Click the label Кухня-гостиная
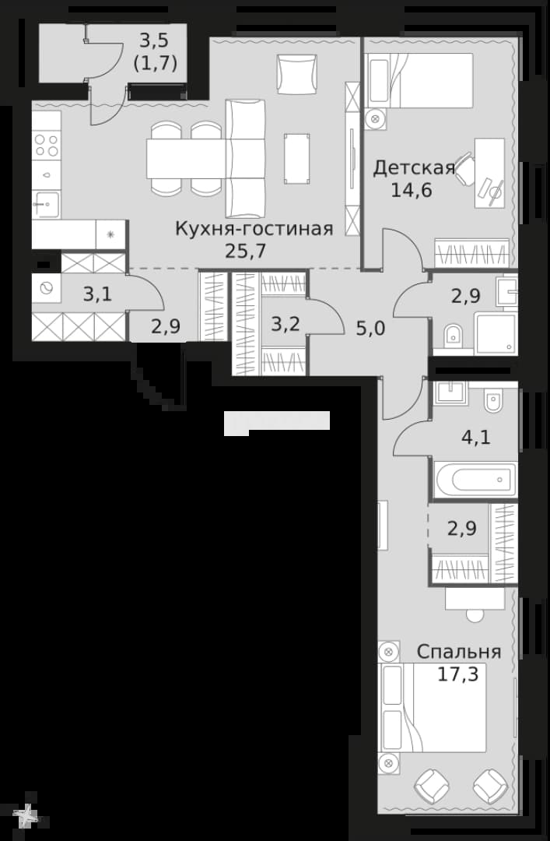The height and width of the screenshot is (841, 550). [x=254, y=229]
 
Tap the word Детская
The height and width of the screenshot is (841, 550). [x=414, y=168]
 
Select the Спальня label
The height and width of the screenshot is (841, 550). [x=459, y=652]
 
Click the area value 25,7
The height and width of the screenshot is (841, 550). [x=246, y=251]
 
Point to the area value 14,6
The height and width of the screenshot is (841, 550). [x=412, y=190]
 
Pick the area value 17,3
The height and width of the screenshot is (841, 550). [x=457, y=674]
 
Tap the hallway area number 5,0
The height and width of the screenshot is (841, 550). [x=370, y=328]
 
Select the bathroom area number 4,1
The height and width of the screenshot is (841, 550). [x=476, y=437]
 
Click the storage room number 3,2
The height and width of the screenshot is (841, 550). [x=285, y=325]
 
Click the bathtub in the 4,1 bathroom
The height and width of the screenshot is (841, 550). [x=476, y=478]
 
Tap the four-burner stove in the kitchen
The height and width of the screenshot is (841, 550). [x=46, y=145]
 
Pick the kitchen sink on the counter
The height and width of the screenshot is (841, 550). [x=46, y=204]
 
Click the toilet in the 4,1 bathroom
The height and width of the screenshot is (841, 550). [x=492, y=401]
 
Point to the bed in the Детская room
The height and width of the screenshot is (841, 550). [x=419, y=79]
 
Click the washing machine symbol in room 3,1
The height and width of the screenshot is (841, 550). [x=46, y=289]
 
